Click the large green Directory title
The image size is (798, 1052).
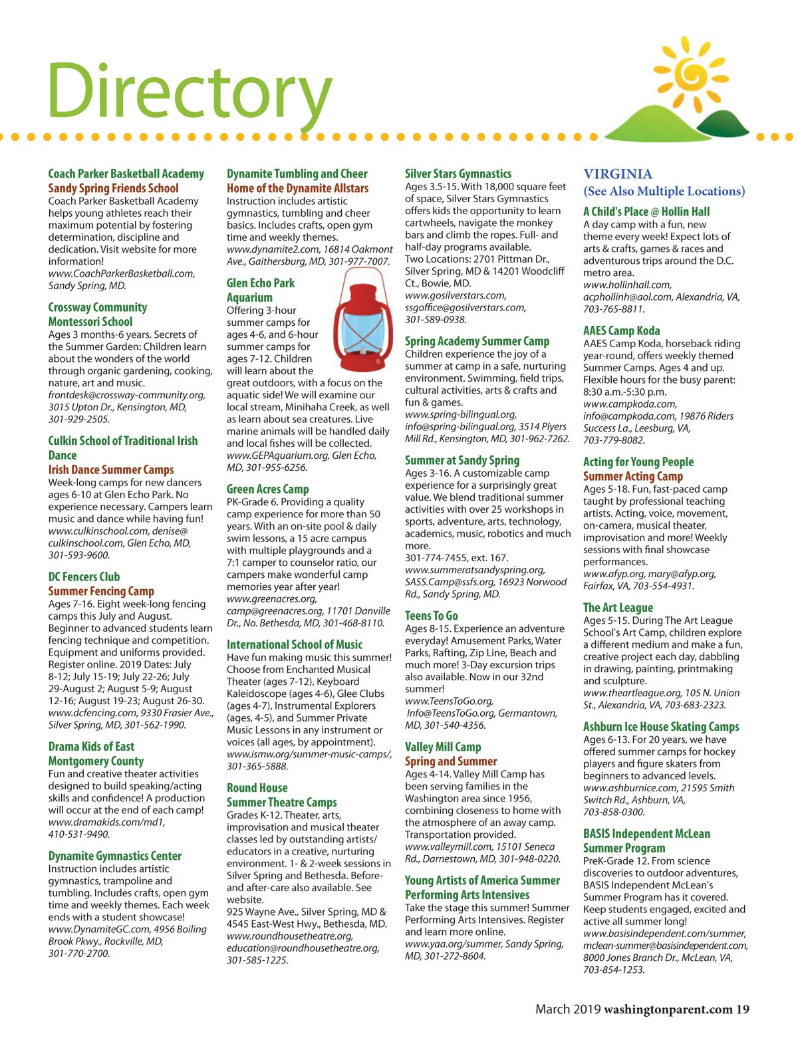pos(189,92)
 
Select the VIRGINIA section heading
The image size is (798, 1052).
pos(618,174)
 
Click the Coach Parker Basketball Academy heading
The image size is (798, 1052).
pos(126,174)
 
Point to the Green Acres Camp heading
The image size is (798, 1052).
pos(267,489)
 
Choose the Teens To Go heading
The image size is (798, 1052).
pos(431,616)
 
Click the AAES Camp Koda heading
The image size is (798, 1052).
pos(621,330)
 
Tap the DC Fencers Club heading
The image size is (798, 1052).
pos(84,577)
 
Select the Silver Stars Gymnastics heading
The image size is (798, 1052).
pos(458,174)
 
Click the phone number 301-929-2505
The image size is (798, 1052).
pos(79,420)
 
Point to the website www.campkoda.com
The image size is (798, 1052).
pos(630,404)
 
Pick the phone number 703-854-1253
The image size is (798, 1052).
pos(614,970)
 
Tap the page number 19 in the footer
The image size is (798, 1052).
pos(742,1009)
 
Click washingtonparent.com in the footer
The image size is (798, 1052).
pos(668,1009)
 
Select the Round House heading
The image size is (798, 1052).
pos(257,787)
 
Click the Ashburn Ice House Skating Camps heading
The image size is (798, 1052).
pos(661,727)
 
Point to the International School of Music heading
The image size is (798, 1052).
pos(295,644)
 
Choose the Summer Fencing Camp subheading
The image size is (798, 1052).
pos(101,591)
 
